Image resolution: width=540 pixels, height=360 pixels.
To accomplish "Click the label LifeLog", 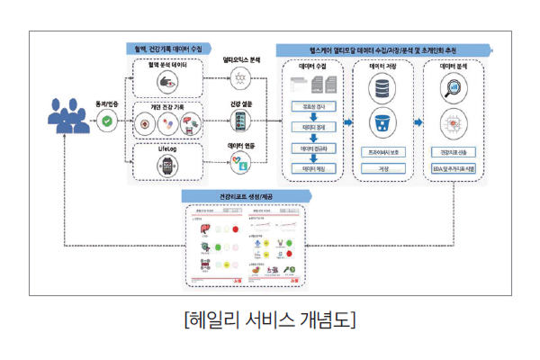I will tap(166, 148).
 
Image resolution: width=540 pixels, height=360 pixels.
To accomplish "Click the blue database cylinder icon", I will tap(383, 90).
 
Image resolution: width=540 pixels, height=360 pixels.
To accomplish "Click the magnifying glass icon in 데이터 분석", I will tap(452, 89).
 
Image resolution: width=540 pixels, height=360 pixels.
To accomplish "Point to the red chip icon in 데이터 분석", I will tap(452, 123).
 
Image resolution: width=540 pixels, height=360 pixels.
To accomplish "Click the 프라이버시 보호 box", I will tap(383, 152).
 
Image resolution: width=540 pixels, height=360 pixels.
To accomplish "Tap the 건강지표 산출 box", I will tap(452, 152).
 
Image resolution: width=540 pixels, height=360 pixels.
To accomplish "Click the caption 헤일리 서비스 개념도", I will tap(269, 320).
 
